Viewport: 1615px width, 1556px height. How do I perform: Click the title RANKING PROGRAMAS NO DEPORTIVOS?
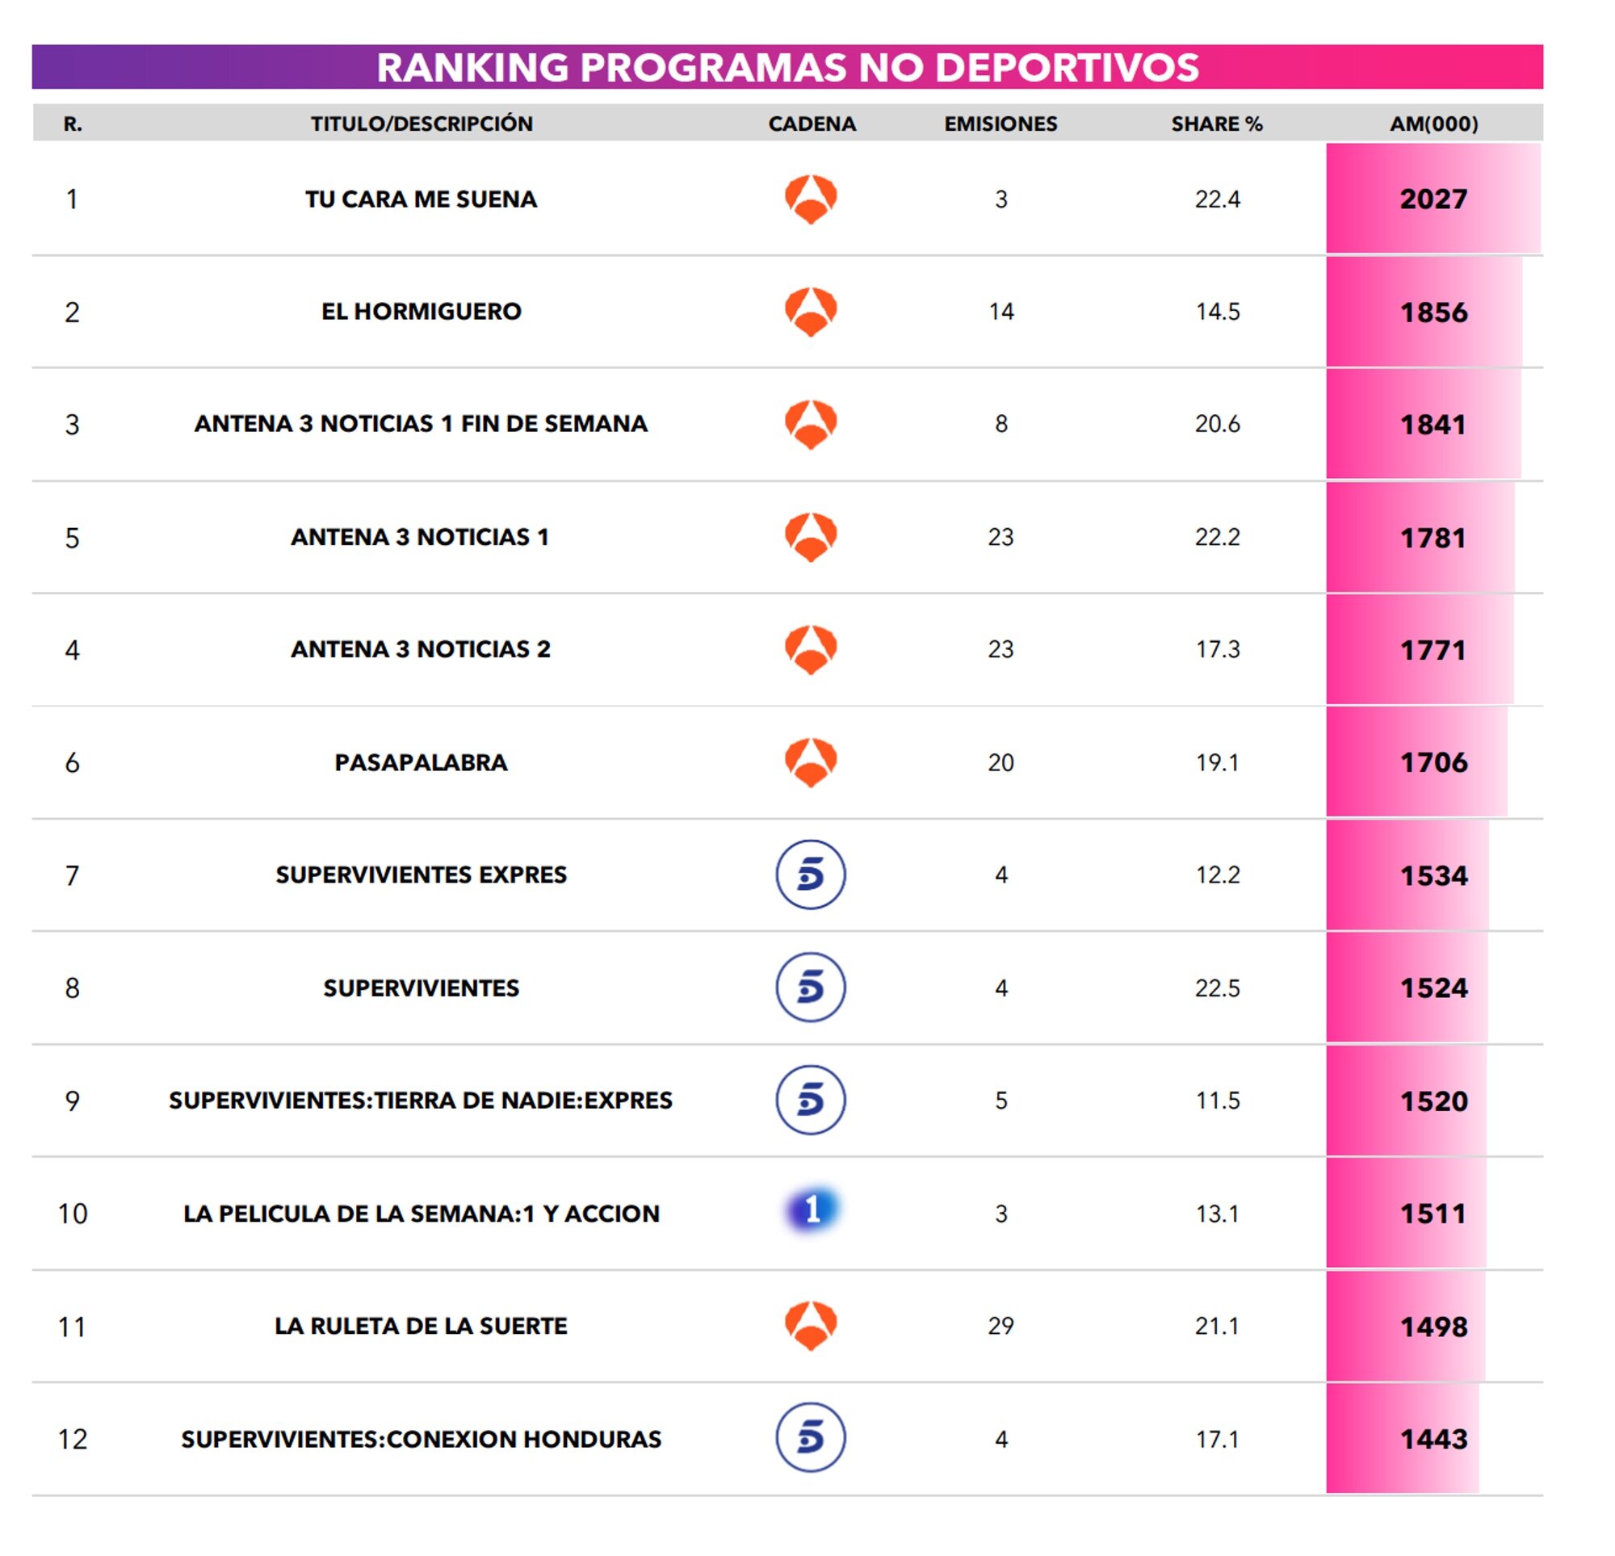click(x=787, y=68)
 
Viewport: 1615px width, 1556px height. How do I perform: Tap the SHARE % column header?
click(x=1216, y=124)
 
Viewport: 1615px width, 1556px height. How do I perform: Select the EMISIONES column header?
click(x=1000, y=124)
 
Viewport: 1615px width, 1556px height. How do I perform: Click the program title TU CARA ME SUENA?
click(x=420, y=199)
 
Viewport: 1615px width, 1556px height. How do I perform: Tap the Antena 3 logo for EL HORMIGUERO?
click(x=811, y=312)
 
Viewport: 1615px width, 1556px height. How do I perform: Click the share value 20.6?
click(x=1217, y=425)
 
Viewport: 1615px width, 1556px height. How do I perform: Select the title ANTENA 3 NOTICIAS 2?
click(x=420, y=649)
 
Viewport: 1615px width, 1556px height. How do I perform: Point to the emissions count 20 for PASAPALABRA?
click(x=1000, y=762)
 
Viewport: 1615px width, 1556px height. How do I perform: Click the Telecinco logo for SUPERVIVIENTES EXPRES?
click(x=811, y=874)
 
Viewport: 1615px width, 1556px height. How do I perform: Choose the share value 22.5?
click(x=1217, y=988)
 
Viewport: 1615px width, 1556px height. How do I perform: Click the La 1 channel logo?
click(x=811, y=1210)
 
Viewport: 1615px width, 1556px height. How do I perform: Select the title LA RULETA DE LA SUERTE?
click(x=420, y=1326)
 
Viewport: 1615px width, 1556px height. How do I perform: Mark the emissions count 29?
click(x=1000, y=1326)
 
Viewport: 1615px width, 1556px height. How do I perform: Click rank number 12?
click(x=73, y=1439)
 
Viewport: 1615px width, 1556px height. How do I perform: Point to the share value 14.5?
click(x=1217, y=312)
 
